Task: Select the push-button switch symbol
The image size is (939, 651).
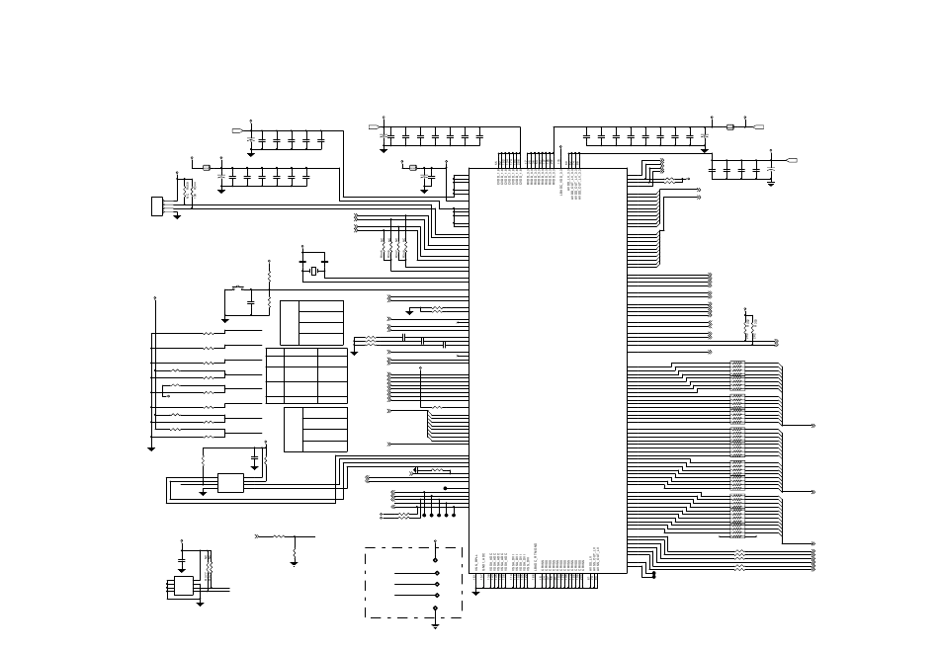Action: click(x=237, y=287)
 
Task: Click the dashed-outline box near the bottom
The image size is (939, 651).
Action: click(x=413, y=583)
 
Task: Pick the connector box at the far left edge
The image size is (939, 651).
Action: click(x=156, y=206)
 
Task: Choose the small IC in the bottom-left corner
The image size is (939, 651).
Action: click(x=184, y=586)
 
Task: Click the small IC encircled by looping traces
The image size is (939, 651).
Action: click(x=230, y=483)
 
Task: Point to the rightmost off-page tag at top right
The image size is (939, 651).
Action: click(x=791, y=160)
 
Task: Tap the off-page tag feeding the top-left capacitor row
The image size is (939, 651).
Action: click(x=237, y=130)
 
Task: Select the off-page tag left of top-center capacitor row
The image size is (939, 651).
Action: click(x=375, y=127)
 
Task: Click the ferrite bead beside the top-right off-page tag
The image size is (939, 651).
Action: click(x=730, y=127)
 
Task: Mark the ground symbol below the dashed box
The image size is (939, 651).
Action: click(x=435, y=625)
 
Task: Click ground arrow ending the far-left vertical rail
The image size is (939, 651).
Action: click(x=151, y=448)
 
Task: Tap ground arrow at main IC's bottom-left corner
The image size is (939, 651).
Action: click(x=475, y=592)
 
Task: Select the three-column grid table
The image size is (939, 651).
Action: click(x=306, y=375)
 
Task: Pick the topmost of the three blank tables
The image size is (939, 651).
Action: click(x=311, y=323)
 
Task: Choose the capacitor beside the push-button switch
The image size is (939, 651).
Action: click(x=251, y=297)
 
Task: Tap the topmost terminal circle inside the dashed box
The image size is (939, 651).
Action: click(x=435, y=559)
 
